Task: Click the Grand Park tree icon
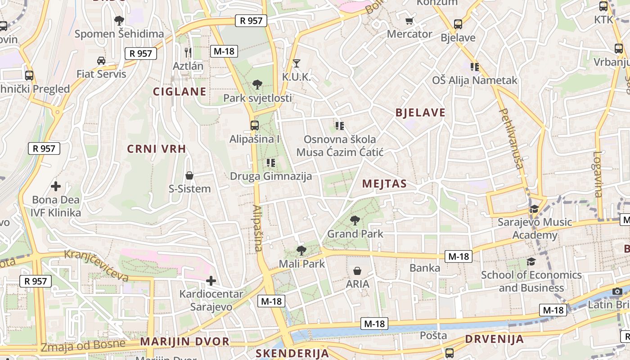355,220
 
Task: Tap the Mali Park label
302,264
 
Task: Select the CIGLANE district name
180,92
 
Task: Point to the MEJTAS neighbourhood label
384,184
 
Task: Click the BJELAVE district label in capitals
420,112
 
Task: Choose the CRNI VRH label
157,149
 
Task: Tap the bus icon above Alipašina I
254,126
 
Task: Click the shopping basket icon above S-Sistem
189,175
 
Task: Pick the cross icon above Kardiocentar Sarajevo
211,281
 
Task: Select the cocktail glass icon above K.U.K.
296,63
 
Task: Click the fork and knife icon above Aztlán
188,52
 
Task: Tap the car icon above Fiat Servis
101,61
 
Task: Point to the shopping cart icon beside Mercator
409,21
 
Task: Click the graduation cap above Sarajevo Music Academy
534,209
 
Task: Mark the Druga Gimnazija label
271,176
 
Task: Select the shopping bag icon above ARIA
357,271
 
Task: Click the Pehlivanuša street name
512,139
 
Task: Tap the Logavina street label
598,174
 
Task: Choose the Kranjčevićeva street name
97,265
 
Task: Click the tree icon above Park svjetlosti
257,84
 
